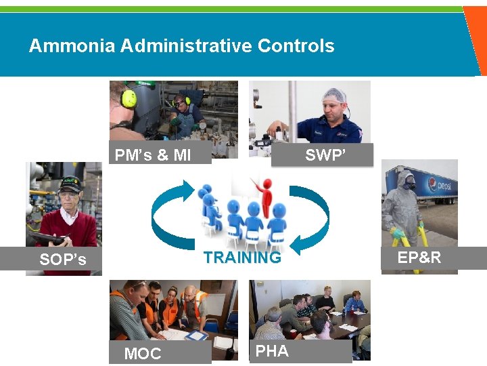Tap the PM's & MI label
153,155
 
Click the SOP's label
63,260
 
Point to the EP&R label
419,258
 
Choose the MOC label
143,354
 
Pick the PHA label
272,350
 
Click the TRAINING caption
242,258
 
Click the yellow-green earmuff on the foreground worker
129,99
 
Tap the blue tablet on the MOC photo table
196,335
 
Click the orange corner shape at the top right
476,41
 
